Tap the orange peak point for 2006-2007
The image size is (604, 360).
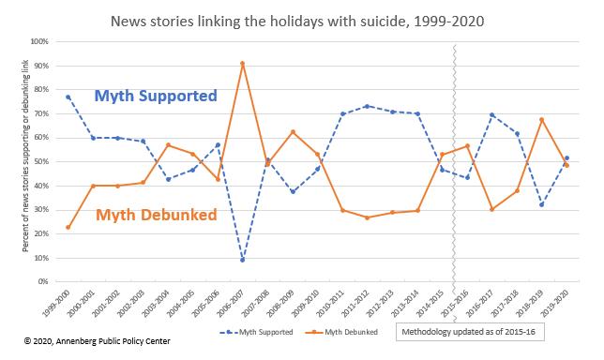click(242, 63)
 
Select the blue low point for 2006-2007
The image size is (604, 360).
click(242, 260)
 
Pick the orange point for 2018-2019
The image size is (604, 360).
click(541, 119)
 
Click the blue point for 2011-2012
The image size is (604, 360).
click(366, 106)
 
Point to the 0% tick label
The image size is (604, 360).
click(43, 281)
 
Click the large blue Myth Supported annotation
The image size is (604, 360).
click(156, 95)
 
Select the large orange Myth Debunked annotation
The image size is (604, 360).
click(156, 215)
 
